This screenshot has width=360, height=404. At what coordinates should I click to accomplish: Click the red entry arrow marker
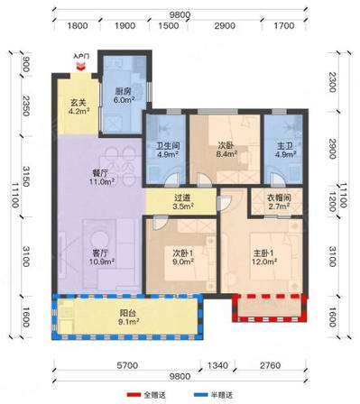[x=80, y=67]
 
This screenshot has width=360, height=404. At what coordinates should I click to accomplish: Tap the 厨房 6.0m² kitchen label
[x=124, y=96]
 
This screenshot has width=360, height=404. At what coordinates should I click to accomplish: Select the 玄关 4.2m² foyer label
[x=78, y=107]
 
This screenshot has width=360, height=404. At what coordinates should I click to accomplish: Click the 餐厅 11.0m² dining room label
[x=102, y=178]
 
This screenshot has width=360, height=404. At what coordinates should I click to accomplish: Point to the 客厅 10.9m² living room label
[x=102, y=257]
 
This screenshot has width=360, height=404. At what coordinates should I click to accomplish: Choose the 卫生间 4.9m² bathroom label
[x=168, y=150]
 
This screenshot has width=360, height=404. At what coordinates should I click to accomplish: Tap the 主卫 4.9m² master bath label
[x=285, y=150]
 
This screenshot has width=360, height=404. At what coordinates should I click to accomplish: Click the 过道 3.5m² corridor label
[x=183, y=202]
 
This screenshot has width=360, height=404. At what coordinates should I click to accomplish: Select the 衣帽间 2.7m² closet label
[x=279, y=202]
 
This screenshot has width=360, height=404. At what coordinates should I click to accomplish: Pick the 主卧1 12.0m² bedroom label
[x=264, y=257]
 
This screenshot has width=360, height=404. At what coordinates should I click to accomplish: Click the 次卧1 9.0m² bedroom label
[x=183, y=257]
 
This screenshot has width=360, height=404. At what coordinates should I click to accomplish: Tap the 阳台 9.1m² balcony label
[x=128, y=317]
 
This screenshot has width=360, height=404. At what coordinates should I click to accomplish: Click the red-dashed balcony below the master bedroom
[x=270, y=308]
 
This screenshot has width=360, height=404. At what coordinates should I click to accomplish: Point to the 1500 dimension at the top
[x=169, y=25]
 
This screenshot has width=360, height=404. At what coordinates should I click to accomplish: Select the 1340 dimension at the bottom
[x=218, y=365]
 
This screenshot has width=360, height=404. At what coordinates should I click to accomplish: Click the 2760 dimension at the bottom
[x=271, y=365]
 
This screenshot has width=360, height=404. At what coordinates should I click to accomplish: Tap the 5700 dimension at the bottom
[x=127, y=365]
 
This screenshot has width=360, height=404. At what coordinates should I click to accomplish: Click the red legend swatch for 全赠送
[x=134, y=394]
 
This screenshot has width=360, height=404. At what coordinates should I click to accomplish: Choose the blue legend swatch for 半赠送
[x=200, y=394]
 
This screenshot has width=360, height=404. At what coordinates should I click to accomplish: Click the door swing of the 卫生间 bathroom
[x=172, y=179]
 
